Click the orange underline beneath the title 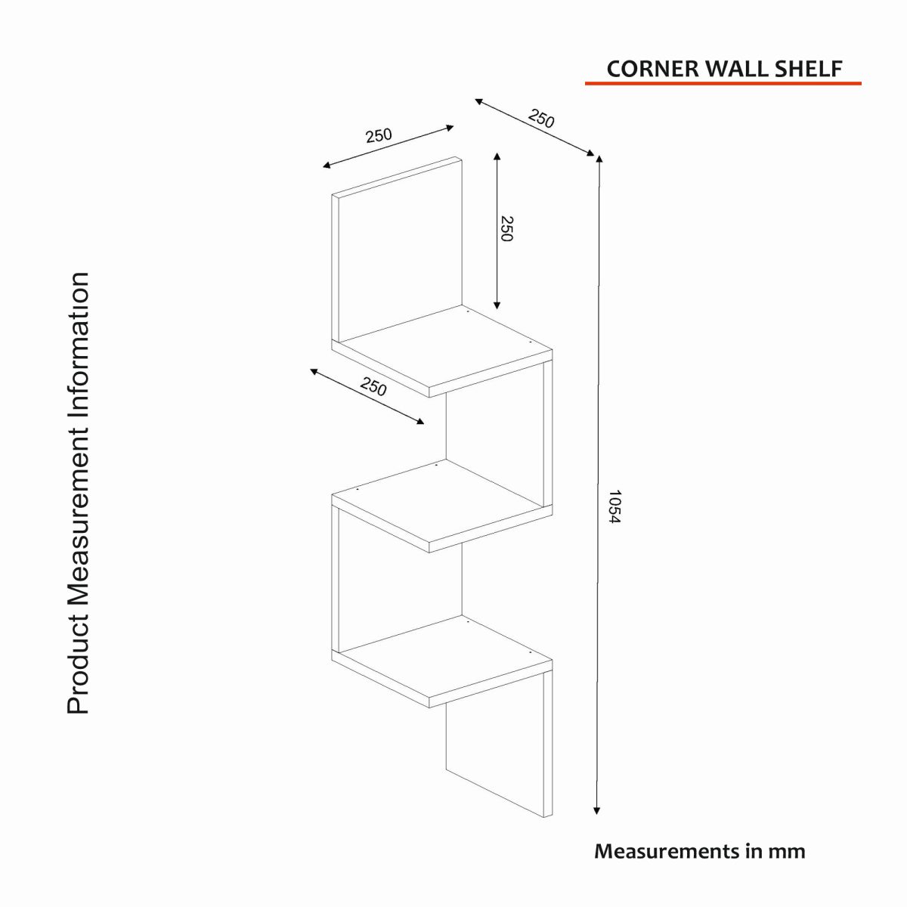[723, 82]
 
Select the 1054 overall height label [614, 507]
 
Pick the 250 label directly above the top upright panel [379, 136]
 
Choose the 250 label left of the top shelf [373, 387]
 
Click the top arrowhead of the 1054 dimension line [599, 159]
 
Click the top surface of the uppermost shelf [446, 348]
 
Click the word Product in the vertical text [78, 665]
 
